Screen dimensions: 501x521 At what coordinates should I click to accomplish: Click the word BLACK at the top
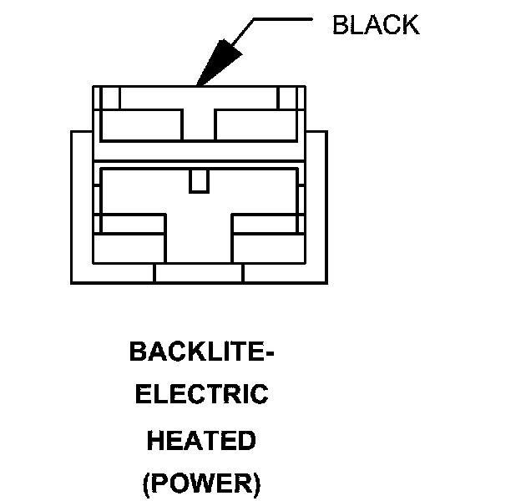click(375, 25)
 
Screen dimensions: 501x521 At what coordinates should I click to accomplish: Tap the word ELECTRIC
click(201, 394)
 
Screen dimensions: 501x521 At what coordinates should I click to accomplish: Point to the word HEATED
click(201, 439)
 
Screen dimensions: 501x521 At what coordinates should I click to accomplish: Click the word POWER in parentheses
click(202, 483)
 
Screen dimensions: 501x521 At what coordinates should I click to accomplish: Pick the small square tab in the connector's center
click(199, 180)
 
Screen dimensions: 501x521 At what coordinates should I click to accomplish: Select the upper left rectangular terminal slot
click(141, 125)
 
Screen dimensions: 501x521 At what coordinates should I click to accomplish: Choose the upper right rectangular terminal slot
click(255, 125)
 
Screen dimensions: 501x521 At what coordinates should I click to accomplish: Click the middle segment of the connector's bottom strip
click(199, 274)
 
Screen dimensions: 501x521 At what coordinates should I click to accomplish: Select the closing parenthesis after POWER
click(256, 483)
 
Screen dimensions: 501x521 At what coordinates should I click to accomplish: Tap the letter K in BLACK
click(409, 25)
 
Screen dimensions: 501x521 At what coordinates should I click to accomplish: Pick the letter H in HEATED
click(156, 439)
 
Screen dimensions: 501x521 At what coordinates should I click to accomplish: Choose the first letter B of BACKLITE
click(138, 352)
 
